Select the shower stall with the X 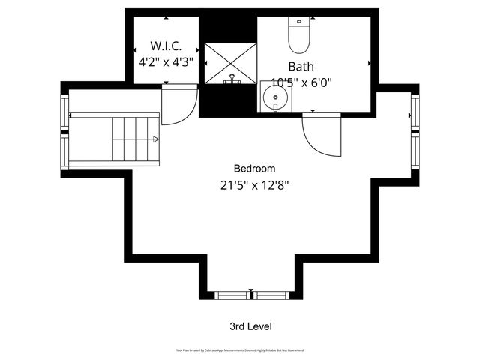point(232,62)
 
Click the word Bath point(301,65)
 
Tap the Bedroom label point(254,168)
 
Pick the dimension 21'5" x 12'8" point(254,184)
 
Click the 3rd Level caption point(250,326)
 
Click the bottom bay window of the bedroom point(250,294)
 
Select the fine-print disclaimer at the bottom point(239,349)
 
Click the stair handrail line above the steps point(112,115)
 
